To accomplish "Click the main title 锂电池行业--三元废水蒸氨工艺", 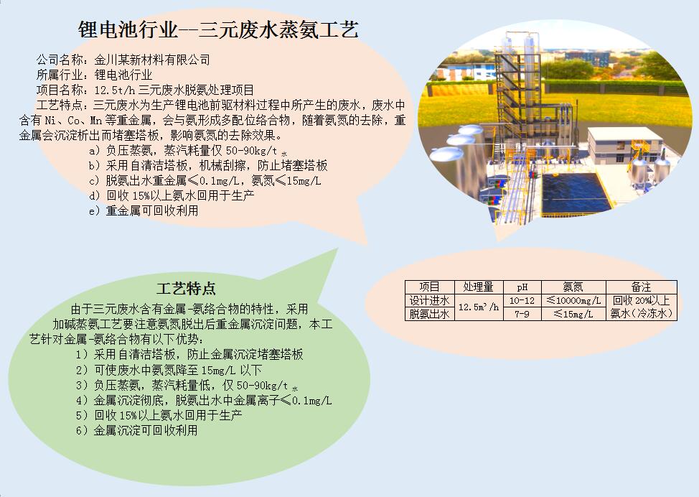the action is (218, 30).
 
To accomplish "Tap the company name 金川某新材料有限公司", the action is (152, 60).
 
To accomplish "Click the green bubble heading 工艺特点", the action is (186, 289).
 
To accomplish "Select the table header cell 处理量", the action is (479, 287).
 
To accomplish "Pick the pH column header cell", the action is (522, 287).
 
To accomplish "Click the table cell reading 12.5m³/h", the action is (479, 307).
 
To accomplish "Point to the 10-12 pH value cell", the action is (522, 300).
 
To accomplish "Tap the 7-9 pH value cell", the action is (522, 314).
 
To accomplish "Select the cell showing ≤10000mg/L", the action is (573, 300).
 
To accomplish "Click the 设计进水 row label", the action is (429, 300).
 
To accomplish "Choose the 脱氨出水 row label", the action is (429, 314).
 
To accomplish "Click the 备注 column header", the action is (641, 287).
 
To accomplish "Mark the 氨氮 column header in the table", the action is (573, 287).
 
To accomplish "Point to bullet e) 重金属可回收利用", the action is (144, 210).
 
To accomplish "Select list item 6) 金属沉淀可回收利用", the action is (136, 430).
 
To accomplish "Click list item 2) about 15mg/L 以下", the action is (169, 370).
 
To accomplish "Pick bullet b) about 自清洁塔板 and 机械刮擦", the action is (208, 165).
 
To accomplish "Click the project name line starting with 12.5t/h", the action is (174, 90).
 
